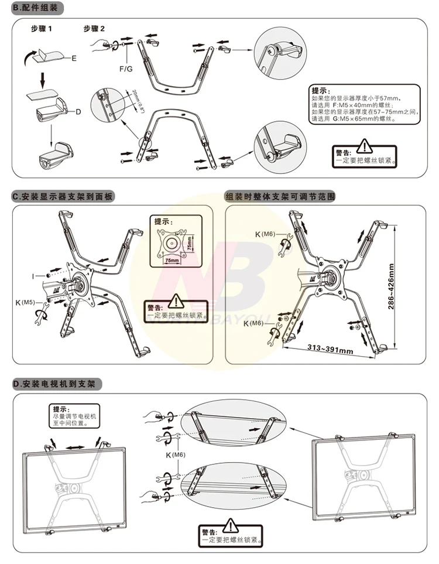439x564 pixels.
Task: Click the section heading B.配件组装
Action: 37,9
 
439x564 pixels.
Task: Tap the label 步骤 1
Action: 42,29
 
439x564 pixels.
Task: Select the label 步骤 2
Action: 94,29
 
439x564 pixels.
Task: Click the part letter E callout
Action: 74,59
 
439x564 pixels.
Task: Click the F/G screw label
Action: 126,69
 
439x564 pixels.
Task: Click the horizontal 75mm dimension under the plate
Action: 172,260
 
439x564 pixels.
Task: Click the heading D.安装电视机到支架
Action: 57,384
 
